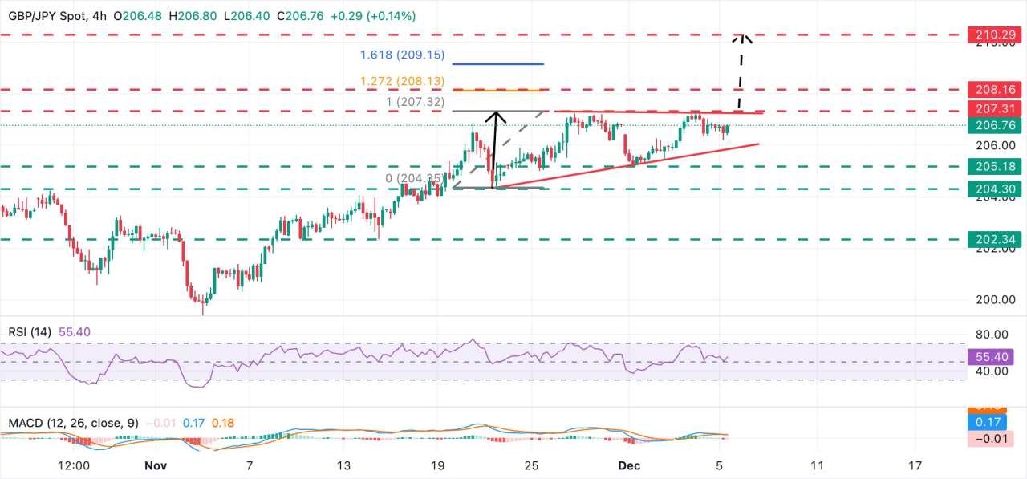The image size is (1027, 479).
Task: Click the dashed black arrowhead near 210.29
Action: tap(743, 37)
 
